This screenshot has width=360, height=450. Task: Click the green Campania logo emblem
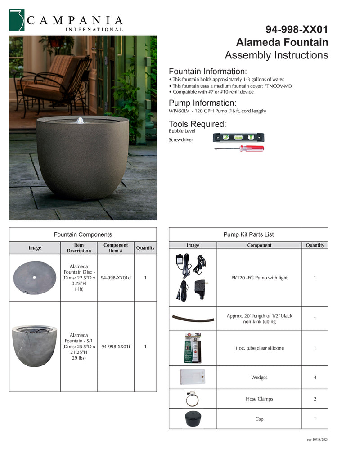tap(17, 21)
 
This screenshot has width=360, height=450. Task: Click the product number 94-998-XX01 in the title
tap(297, 30)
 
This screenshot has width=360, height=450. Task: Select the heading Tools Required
tap(198, 124)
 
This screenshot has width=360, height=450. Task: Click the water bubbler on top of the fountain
tap(80, 120)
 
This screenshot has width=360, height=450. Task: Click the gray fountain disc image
tap(35, 278)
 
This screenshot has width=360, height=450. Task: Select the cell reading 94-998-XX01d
tap(116, 278)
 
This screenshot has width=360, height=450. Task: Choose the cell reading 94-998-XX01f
tap(116, 346)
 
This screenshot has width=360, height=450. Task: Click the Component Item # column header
tap(116, 248)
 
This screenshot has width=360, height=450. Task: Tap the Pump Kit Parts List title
tap(248, 234)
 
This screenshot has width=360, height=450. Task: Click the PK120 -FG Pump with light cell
tap(259, 278)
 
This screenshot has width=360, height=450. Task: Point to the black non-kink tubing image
tap(193, 319)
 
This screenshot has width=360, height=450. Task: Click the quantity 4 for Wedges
tap(315, 378)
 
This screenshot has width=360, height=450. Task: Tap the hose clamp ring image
tap(192, 398)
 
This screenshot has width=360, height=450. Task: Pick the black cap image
tap(193, 419)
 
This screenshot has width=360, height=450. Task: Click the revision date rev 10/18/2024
tap(318, 439)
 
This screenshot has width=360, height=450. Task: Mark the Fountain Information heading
tap(207, 72)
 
